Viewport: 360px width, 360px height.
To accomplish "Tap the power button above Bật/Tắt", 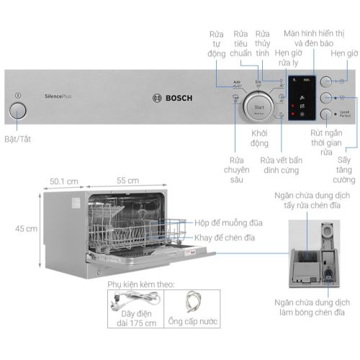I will coord(17,109).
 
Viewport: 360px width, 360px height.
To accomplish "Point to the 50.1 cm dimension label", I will coord(63,181).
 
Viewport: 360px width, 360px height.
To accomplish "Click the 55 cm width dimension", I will coord(129,181).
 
